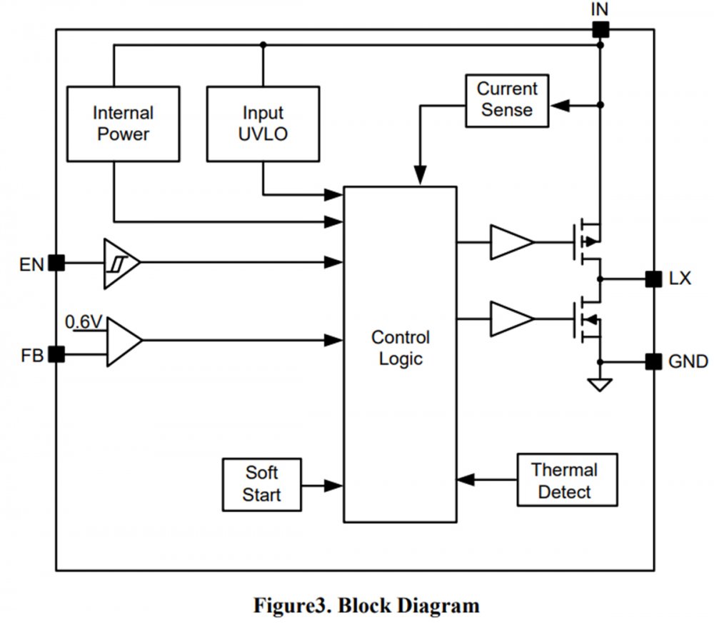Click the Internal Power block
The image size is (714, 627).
(x=123, y=124)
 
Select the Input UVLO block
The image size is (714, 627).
(x=263, y=124)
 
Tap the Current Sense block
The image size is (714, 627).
(x=506, y=100)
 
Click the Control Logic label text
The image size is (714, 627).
(x=400, y=348)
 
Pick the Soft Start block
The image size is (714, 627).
(x=261, y=484)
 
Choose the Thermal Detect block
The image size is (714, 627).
(x=564, y=480)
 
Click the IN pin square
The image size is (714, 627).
(x=600, y=29)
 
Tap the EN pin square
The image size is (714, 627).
(x=56, y=264)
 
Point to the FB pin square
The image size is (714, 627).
(x=56, y=353)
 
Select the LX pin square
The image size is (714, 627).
(x=653, y=279)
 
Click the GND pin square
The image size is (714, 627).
(x=653, y=361)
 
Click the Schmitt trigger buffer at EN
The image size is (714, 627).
(x=119, y=264)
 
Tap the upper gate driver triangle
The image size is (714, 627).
(x=510, y=242)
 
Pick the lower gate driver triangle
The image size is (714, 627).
(x=510, y=318)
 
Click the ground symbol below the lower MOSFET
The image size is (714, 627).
(x=600, y=386)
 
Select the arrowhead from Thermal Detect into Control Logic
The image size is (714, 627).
(x=466, y=479)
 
